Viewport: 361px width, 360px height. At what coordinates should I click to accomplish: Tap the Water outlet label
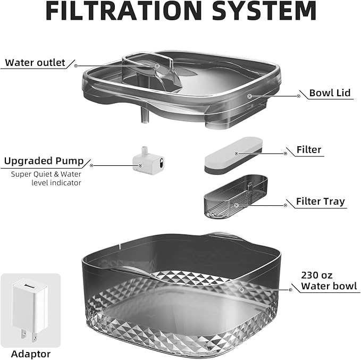tap(35, 63)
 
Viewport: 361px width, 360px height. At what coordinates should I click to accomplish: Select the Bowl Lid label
tap(330, 93)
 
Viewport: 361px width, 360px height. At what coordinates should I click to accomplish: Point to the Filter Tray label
tap(321, 202)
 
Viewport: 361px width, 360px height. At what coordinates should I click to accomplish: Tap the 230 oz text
tap(316, 275)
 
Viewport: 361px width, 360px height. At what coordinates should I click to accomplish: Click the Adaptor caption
tap(30, 354)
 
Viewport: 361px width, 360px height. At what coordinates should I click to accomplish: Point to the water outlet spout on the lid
tap(152, 69)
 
